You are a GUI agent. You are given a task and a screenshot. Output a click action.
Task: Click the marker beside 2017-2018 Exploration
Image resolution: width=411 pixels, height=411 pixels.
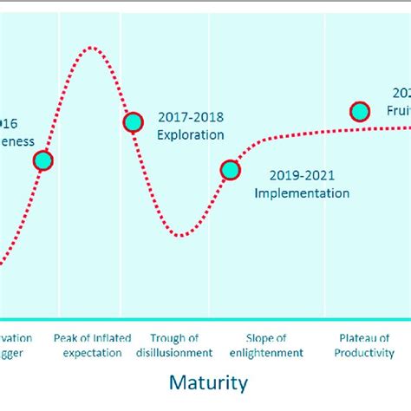point(133,122)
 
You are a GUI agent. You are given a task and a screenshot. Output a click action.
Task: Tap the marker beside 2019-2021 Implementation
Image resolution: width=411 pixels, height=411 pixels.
point(230,170)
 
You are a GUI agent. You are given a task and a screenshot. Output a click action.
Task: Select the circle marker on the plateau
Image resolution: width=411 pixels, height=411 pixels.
point(359,111)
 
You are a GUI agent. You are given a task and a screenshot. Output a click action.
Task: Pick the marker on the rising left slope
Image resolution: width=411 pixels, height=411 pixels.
point(42,160)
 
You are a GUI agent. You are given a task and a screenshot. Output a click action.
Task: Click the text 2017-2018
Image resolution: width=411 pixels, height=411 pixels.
point(188,117)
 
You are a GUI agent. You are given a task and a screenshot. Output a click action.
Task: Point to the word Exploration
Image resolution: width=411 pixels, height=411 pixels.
point(190,134)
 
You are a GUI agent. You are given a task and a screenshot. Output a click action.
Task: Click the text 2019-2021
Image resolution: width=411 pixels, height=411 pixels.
point(301,175)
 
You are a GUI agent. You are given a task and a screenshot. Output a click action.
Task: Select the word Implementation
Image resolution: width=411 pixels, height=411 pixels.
point(302,192)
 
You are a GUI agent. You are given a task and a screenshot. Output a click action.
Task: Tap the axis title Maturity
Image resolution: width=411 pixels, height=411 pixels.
point(208,382)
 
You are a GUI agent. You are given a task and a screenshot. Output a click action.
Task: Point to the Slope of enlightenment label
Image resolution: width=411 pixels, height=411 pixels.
point(266,345)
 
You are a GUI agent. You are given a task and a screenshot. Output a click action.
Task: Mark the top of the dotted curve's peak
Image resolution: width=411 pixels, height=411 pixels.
point(92,47)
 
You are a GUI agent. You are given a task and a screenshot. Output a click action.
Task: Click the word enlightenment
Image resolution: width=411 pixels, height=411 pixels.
point(266,353)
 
